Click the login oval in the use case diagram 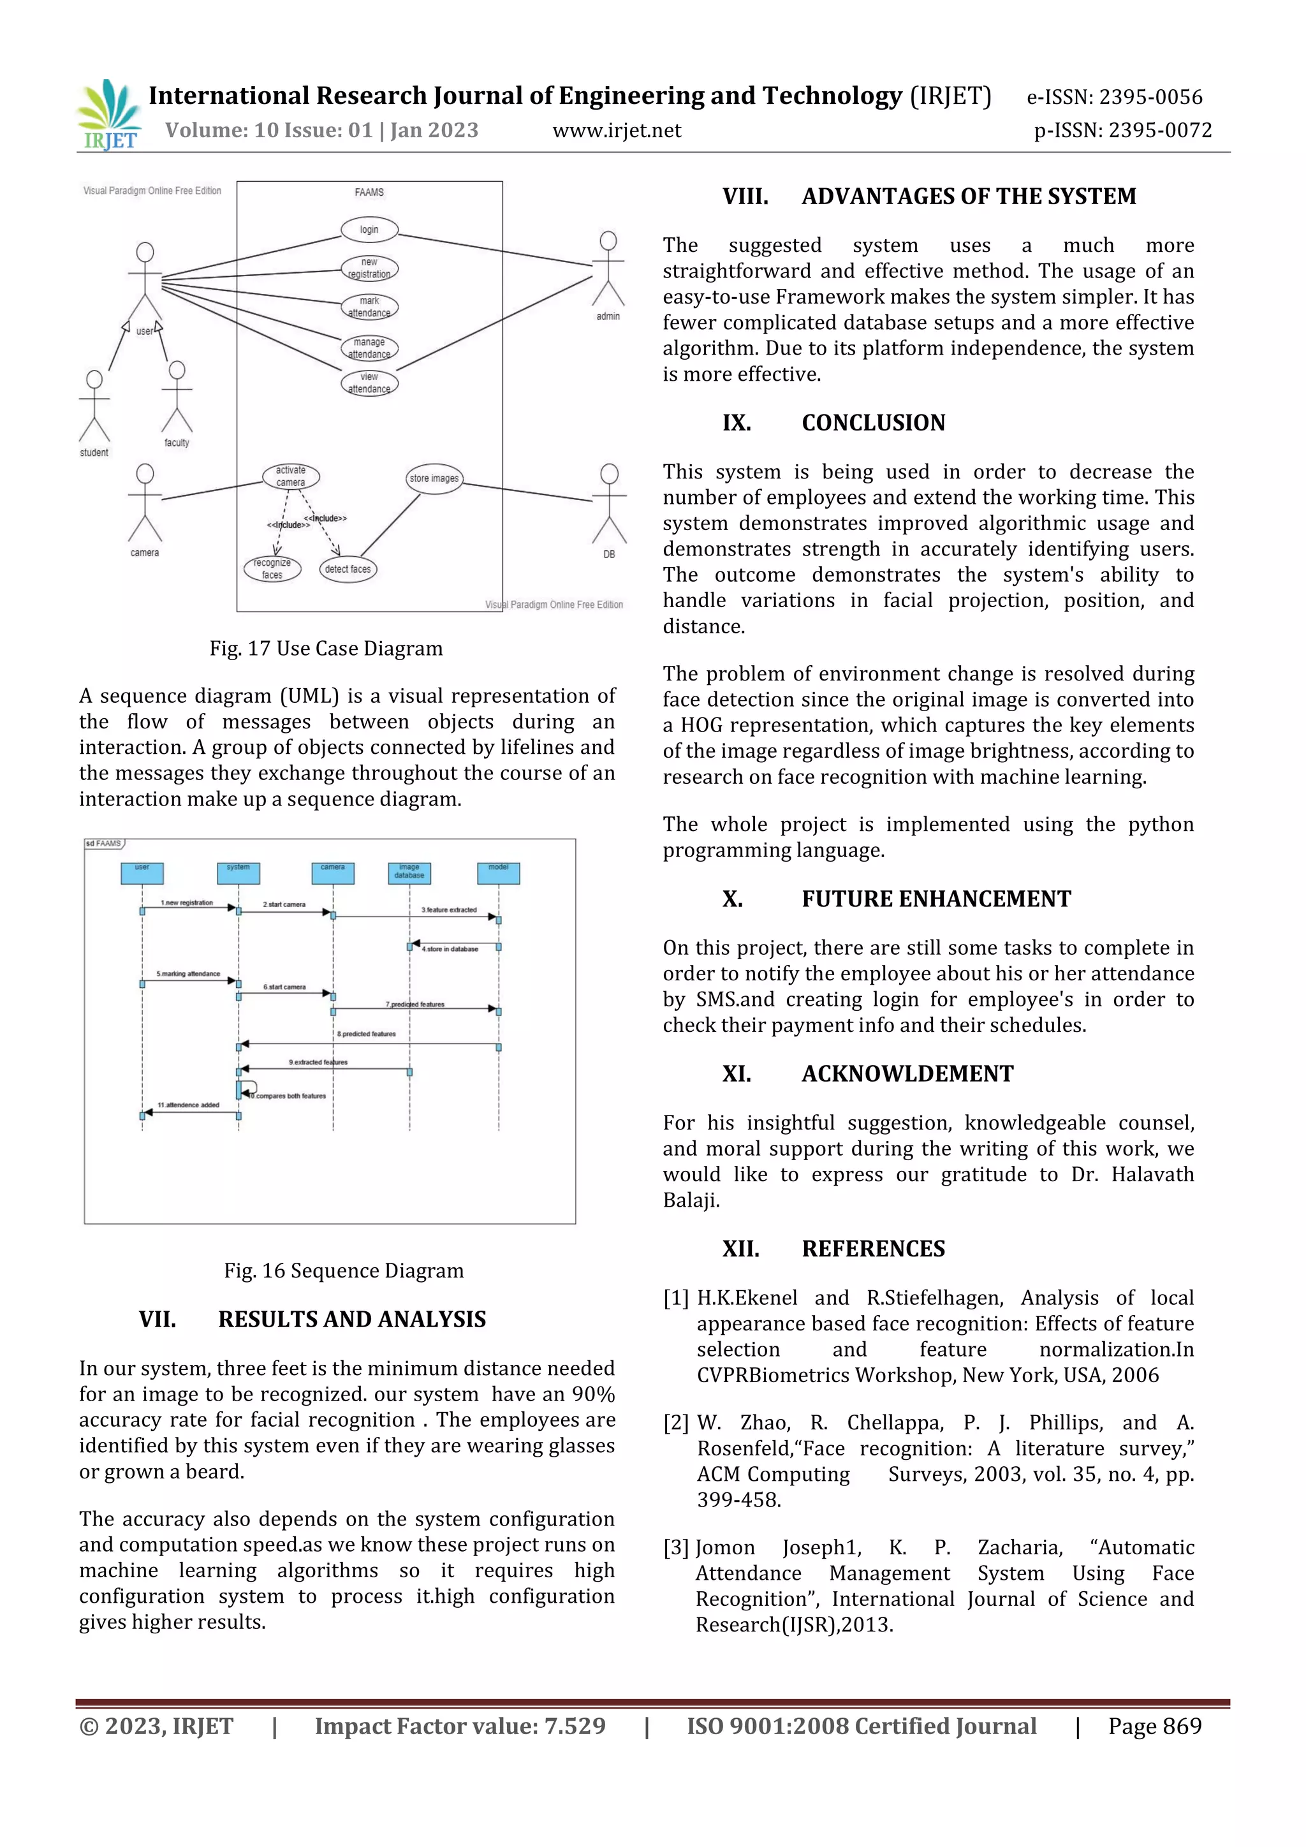click(x=369, y=230)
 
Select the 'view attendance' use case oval click(x=369, y=383)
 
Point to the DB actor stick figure click(x=609, y=504)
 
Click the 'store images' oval click(x=434, y=478)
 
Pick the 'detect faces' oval click(x=348, y=570)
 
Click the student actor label click(x=94, y=453)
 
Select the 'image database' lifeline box click(x=409, y=873)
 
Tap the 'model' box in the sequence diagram click(x=499, y=873)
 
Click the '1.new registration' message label click(x=187, y=902)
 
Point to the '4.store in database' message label click(x=450, y=949)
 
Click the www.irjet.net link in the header click(x=617, y=130)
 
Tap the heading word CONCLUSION click(x=874, y=423)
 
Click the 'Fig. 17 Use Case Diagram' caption click(x=326, y=649)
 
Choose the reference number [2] click(x=675, y=1423)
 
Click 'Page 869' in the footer click(x=1154, y=1726)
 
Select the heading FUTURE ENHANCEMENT click(x=936, y=899)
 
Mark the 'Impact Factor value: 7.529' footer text click(x=460, y=1726)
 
